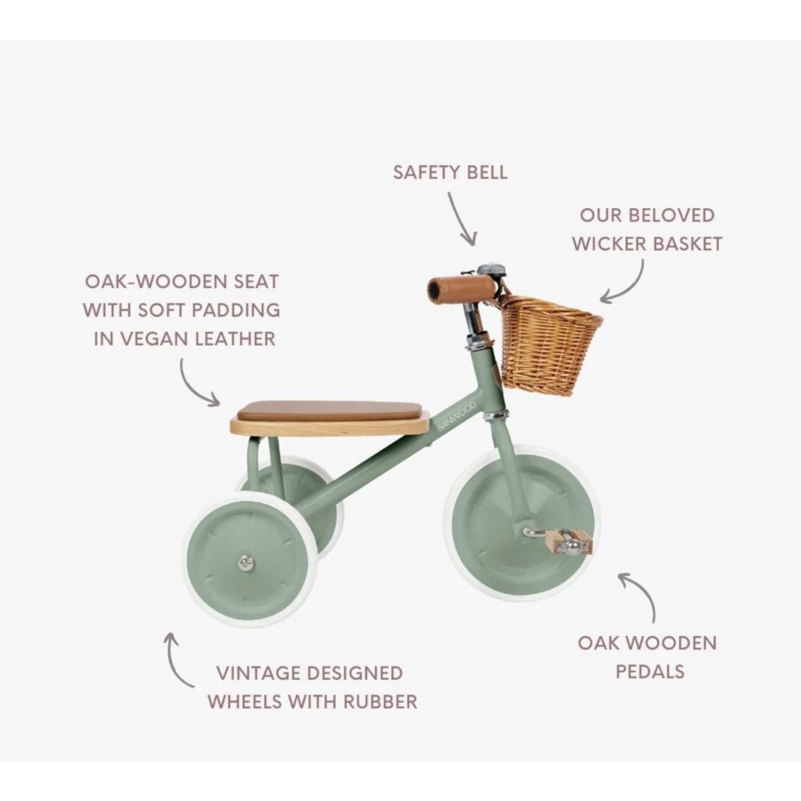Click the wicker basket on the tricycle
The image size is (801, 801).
[548, 344]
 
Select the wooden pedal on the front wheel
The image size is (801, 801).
[569, 541]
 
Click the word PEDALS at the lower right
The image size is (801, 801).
[649, 671]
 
